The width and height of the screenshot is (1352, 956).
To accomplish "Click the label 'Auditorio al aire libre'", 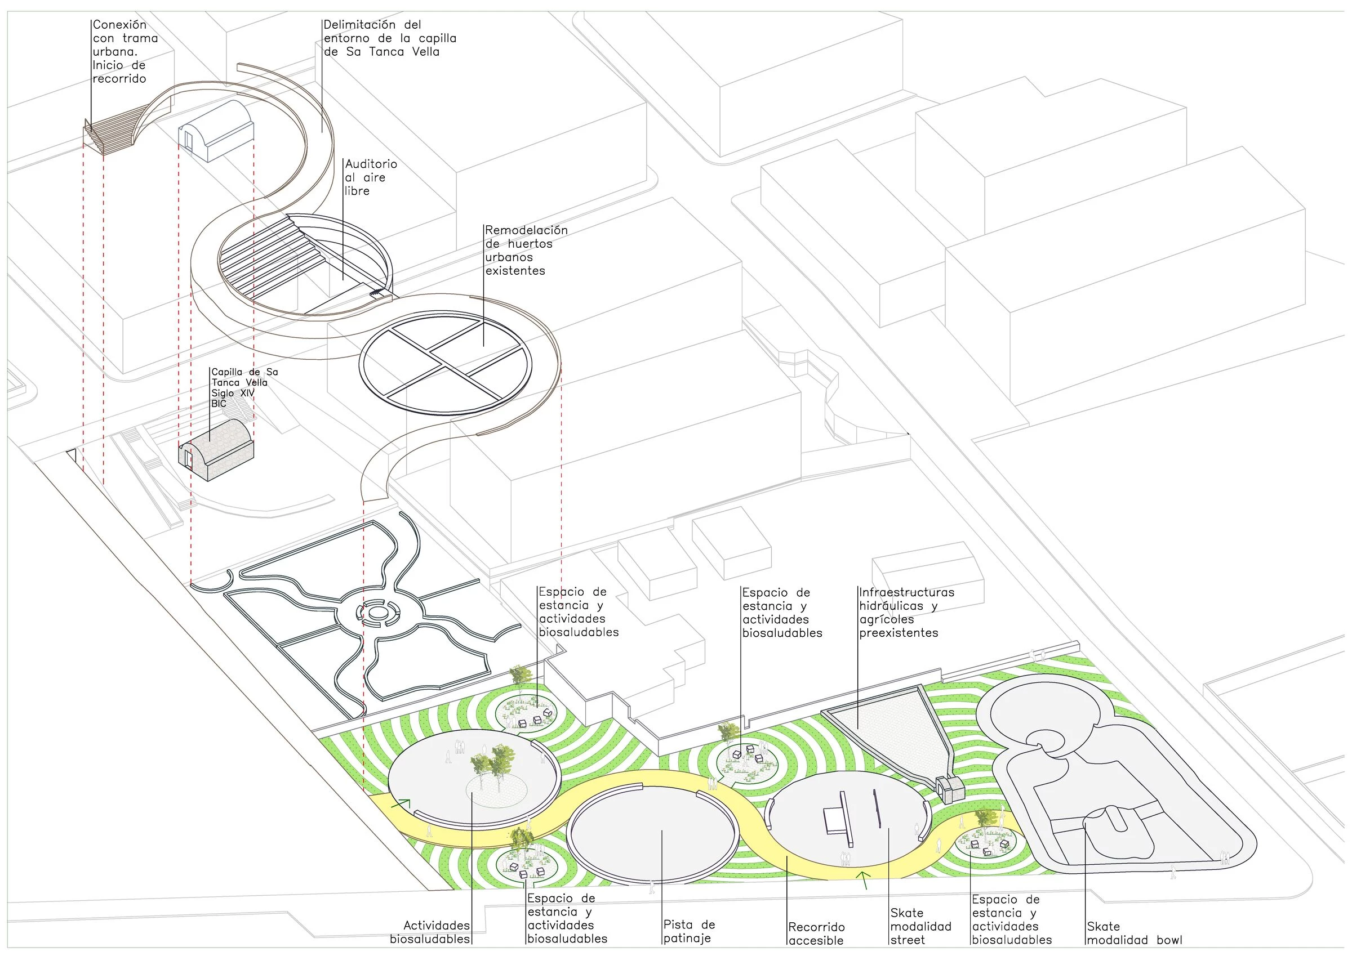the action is (x=371, y=177).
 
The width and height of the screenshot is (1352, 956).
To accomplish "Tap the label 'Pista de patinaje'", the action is (x=689, y=931).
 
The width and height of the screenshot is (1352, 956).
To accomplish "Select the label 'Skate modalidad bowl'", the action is (x=1134, y=933).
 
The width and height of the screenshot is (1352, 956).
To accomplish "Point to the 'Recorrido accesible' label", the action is (x=816, y=933).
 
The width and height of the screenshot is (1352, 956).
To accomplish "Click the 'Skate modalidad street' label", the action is (x=920, y=927).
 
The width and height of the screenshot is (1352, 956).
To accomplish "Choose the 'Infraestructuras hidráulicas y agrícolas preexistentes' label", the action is (x=906, y=612).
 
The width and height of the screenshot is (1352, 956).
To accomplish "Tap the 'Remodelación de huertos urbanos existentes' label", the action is (x=526, y=250).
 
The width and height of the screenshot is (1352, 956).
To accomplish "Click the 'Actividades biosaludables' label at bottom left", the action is (x=430, y=932).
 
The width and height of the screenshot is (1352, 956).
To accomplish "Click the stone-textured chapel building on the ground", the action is (x=216, y=449).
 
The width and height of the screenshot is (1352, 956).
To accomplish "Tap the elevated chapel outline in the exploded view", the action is (x=216, y=131).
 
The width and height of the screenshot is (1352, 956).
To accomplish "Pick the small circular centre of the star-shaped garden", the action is (x=375, y=613).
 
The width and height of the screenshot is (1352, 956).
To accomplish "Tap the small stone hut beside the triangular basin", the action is (x=949, y=789).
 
